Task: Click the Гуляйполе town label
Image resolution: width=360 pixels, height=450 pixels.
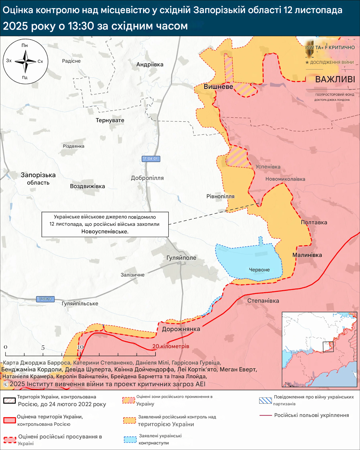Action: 181,258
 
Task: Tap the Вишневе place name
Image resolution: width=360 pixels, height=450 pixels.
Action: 218,87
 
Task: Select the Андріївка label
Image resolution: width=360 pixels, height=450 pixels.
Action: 150,64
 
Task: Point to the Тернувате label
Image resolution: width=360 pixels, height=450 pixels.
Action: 110,120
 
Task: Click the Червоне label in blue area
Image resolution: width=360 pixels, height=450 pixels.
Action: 259,270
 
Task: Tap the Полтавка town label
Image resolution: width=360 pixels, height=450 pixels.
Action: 314,222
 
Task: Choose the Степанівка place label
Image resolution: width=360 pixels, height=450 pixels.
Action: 263,301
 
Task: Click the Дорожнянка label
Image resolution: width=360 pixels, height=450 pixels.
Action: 181,329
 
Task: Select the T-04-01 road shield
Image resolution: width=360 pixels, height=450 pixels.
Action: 151,159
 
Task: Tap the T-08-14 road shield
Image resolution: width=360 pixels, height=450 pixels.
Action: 45,299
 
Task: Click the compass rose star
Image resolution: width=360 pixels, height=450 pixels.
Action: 25,61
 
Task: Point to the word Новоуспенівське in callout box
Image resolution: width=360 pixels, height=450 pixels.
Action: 105,232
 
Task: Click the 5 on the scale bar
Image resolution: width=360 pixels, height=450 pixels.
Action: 43,348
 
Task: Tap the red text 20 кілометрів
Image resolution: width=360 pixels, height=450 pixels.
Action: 171,346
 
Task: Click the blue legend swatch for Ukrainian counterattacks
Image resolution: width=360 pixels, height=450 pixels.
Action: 130,439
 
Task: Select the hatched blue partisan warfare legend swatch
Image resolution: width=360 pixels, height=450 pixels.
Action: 265,400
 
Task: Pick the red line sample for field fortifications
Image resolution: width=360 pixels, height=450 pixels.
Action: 265,416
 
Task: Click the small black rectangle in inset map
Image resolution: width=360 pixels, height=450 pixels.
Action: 328,347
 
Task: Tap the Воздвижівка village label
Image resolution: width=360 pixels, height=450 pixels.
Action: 87,186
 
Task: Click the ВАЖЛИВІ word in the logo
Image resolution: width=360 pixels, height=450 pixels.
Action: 335,79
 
